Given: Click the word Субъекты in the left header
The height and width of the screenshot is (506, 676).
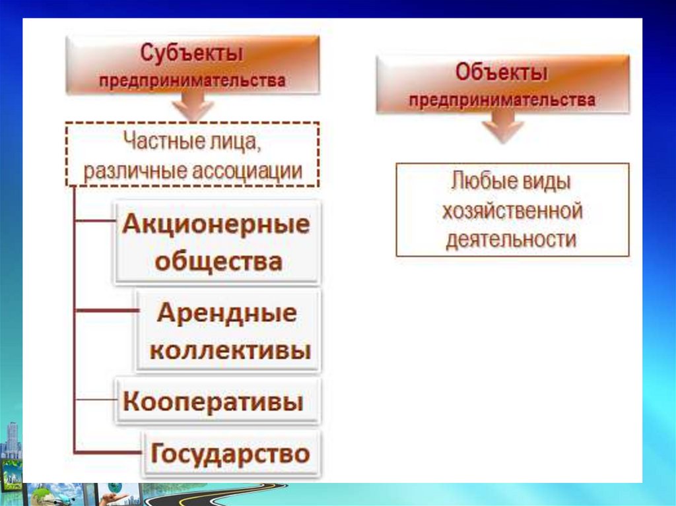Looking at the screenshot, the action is (192, 53).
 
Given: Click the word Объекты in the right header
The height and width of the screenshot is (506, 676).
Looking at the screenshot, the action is (502, 73).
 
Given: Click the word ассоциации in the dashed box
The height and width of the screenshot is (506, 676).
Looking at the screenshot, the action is (247, 171).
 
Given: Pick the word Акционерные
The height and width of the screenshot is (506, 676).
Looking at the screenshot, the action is (216, 224).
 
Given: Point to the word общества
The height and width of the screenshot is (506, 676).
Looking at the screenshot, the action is (219, 261).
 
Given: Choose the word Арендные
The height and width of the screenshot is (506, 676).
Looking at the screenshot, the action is (227, 313).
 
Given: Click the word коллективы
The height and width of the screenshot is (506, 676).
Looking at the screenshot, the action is (230, 350).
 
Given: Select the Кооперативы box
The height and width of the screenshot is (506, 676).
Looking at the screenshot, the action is (218, 401).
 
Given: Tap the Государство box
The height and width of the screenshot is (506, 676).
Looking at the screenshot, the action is (232, 454).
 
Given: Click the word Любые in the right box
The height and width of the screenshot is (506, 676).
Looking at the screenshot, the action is (478, 181).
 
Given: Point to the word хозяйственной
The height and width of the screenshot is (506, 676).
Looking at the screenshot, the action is (512, 211).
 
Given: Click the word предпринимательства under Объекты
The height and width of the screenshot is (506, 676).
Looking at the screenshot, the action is (502, 100).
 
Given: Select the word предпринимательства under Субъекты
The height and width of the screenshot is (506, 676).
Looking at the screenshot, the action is (192, 80).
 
